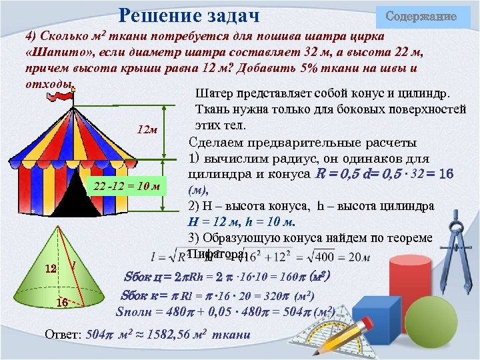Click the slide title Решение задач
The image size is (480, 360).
(x=189, y=15)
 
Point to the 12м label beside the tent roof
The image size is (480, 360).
(x=147, y=129)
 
